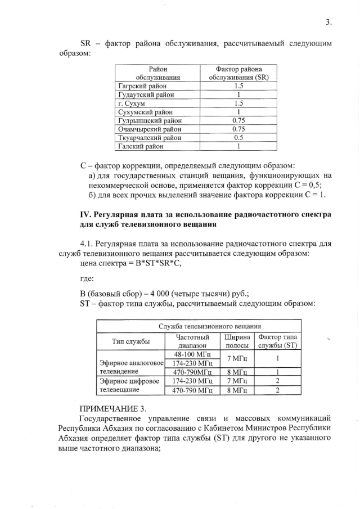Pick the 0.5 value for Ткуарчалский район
pyautogui.click(x=238, y=138)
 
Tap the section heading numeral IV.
pyautogui.click(x=86, y=214)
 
